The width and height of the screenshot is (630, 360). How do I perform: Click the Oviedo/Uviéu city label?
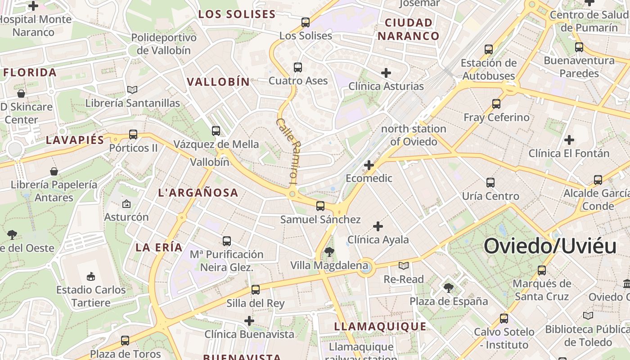[550, 247]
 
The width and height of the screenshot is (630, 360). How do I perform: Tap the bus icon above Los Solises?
[306, 22]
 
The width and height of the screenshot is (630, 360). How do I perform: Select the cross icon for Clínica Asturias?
[386, 72]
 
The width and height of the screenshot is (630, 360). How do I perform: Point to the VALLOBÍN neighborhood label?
[218, 82]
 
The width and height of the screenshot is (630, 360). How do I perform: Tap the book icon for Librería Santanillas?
[132, 90]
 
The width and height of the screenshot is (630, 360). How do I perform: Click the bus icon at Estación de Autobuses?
[489, 49]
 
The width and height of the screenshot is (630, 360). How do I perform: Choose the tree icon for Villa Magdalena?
[329, 252]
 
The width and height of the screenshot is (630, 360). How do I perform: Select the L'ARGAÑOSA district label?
[198, 193]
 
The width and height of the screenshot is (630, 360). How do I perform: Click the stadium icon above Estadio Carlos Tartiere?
[91, 276]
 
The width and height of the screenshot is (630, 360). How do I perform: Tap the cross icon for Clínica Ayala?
[378, 226]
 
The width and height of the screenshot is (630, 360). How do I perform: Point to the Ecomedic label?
[369, 178]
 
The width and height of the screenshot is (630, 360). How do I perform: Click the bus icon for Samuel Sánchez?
[320, 206]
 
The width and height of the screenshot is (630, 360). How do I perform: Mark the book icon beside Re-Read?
[404, 265]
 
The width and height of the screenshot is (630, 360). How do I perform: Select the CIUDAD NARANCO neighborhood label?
[408, 29]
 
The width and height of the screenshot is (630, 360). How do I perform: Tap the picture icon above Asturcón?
[126, 204]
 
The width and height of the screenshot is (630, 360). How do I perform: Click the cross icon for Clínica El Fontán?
[569, 140]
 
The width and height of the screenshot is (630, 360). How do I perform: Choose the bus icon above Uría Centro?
[490, 183]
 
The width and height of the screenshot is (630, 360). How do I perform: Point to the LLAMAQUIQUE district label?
[380, 327]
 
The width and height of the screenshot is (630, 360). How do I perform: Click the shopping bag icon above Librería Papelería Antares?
[54, 171]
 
